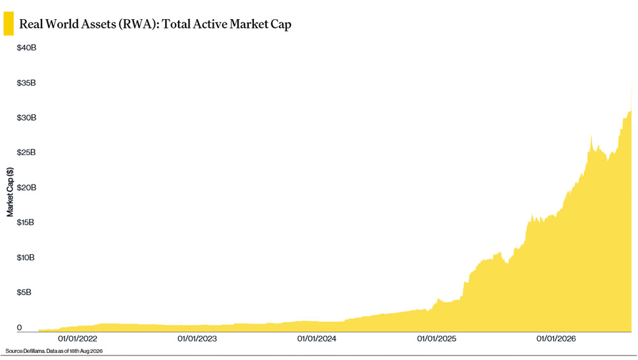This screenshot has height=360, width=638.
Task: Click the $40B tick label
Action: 26,48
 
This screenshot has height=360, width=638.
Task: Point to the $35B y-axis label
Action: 26,83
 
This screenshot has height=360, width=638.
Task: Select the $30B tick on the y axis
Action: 26,117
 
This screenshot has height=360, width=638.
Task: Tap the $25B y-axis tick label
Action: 26,153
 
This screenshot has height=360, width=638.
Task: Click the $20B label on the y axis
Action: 26,187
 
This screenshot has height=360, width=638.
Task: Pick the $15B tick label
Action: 26,222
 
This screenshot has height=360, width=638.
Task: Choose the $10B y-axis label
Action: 26,257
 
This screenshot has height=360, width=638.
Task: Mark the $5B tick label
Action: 24,292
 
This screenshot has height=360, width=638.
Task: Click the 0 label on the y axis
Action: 19,327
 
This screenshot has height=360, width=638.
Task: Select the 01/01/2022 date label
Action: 77,338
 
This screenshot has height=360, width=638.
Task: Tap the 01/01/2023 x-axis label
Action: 197,338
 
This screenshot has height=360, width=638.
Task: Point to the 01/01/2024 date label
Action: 316,338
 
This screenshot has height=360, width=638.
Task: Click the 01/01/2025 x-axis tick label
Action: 436,338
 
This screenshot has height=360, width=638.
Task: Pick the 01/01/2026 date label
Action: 556,338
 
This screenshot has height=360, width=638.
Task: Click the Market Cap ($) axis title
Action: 10,192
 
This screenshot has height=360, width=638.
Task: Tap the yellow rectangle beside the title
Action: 8,24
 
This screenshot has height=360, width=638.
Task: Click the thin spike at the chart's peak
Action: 632,96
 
